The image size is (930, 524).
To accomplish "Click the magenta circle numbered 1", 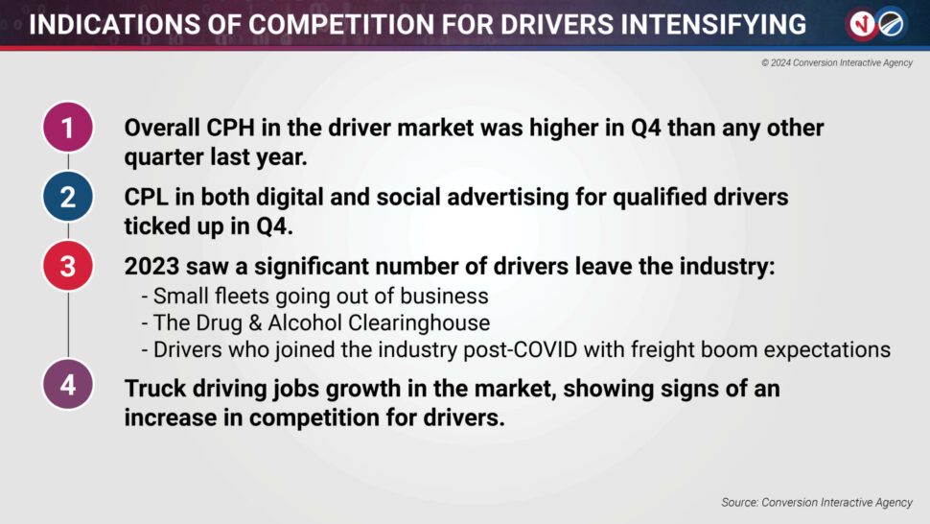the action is (68, 127).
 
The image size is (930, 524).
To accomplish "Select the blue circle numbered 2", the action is (68, 197).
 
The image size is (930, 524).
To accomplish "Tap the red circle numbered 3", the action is (68, 266).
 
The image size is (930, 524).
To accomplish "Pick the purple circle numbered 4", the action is (68, 385).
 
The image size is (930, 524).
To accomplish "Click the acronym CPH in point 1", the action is (230, 128).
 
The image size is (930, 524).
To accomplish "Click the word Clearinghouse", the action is (419, 322).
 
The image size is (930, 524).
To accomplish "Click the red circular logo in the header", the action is (862, 24).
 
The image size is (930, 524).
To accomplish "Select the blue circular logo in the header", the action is (892, 24).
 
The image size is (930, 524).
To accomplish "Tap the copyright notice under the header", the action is (837, 63).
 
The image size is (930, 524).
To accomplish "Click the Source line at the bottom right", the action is (817, 503).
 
